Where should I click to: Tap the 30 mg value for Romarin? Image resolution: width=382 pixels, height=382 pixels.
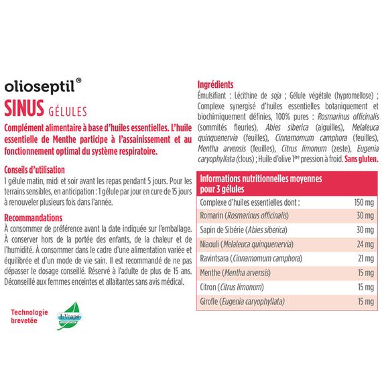click(363, 215)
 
